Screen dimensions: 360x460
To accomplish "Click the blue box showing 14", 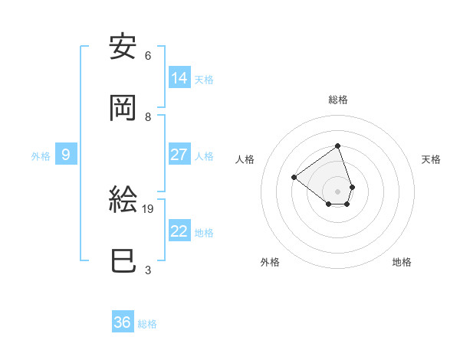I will click(x=179, y=77).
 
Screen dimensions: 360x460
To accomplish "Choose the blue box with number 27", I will click(x=179, y=154).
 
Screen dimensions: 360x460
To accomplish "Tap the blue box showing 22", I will click(x=179, y=231).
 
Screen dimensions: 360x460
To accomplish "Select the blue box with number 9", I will click(x=66, y=155).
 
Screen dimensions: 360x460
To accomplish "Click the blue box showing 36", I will click(x=123, y=322).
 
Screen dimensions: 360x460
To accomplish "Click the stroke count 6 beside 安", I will click(x=147, y=55).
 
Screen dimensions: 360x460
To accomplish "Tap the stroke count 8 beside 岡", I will click(x=147, y=116).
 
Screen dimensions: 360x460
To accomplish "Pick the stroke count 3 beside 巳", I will click(x=147, y=270).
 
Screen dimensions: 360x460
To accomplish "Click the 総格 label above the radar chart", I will click(x=338, y=100).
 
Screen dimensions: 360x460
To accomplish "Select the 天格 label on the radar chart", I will click(x=431, y=159).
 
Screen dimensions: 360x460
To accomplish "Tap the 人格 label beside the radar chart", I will click(x=245, y=159).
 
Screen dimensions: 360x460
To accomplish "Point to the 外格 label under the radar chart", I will click(x=270, y=262).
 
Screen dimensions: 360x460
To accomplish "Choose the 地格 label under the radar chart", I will click(x=402, y=262).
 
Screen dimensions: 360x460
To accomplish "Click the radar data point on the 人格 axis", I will click(x=294, y=177).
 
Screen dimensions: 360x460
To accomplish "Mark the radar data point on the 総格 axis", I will click(x=337, y=145).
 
